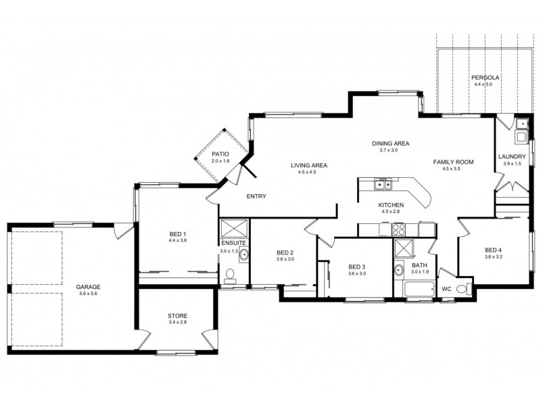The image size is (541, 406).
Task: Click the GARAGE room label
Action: coord(89,287)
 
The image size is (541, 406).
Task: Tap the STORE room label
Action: coord(178,316)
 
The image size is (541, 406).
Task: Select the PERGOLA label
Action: coord(486,78)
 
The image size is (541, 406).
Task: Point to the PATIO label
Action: coord(220,154)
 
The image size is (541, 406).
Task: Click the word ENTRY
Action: coord(256,196)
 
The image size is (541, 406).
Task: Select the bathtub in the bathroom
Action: coord(419,289)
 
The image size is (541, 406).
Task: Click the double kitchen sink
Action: coord(383,185)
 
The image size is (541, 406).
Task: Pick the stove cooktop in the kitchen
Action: coord(399,229)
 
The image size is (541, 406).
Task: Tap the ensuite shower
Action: coord(234,228)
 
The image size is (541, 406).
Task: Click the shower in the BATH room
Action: coord(403,248)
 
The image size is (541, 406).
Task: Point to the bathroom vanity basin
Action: coord(399,270)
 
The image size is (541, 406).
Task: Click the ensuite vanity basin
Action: coord(243,254)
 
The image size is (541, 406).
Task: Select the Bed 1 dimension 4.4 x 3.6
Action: coord(178,240)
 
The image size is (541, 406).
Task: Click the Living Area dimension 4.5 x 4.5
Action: coord(308,172)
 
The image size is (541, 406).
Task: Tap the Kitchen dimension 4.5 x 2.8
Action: coord(391,211)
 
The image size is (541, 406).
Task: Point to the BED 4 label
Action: coord(493,250)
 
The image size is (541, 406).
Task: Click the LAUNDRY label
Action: coord(512,157)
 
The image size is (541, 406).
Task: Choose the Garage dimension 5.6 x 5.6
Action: coord(89,294)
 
